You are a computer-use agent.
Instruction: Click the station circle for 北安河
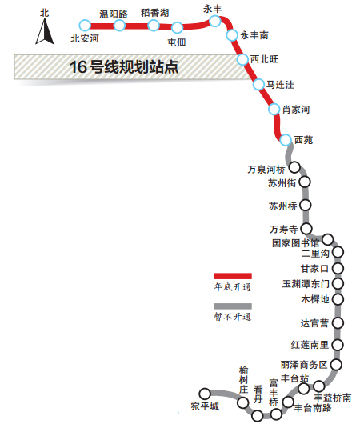coord(85,26)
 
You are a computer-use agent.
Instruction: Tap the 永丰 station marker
coord(215,21)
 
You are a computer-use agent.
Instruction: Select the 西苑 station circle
coord(286,140)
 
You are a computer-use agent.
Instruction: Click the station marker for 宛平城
coord(205,394)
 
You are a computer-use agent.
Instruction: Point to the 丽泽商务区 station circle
coord(336,365)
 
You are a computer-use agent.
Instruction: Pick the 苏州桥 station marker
coord(305,206)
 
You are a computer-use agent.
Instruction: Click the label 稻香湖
coord(154,13)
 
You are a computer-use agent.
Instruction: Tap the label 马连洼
coord(280,85)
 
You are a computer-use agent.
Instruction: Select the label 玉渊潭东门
coord(306,284)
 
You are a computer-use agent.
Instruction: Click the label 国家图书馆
coord(295,243)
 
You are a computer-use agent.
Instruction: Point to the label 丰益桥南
coord(333,398)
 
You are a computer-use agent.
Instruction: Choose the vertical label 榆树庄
coord(243,380)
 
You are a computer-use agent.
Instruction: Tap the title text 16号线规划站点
coord(124,67)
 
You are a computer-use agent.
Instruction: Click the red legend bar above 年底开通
coord(233,276)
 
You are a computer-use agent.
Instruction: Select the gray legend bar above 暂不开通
coord(233,306)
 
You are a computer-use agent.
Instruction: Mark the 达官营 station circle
coord(338,323)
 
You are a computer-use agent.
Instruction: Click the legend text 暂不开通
coord(233,317)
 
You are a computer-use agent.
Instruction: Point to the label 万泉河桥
coord(266,170)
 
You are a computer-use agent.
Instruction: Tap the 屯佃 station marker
coord(177,27)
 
